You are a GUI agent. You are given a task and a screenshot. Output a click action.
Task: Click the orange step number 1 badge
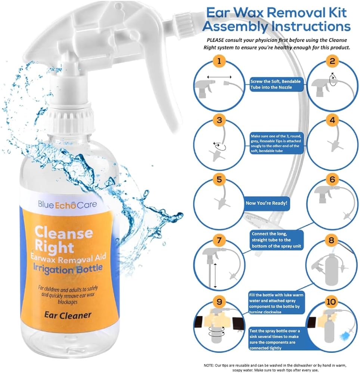pos(219,61)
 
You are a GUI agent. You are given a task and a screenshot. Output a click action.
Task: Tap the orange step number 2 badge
pos(332,61)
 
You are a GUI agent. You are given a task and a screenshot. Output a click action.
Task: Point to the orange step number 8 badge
pos(331,240)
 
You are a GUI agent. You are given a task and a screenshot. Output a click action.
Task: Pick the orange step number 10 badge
pos(331,302)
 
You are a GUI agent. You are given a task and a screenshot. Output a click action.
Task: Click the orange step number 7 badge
pos(219,240)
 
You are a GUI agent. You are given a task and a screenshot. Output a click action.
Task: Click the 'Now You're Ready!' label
pos(266,203)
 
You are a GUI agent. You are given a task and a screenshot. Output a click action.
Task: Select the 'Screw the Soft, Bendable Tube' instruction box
pos(276,84)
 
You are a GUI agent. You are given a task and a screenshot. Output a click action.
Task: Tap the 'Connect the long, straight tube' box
pos(276,240)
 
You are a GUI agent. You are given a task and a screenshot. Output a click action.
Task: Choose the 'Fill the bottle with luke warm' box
pos(276,303)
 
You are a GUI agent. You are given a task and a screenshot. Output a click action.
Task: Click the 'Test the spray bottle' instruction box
pos(275,339)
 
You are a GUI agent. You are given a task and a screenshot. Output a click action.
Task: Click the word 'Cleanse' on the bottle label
pos(64,232)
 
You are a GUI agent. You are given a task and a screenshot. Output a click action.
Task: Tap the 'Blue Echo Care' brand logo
pos(67,204)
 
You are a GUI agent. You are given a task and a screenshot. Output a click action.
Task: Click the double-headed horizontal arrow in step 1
pos(219,77)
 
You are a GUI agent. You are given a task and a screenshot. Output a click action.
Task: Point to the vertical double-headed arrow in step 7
pos(215,276)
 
